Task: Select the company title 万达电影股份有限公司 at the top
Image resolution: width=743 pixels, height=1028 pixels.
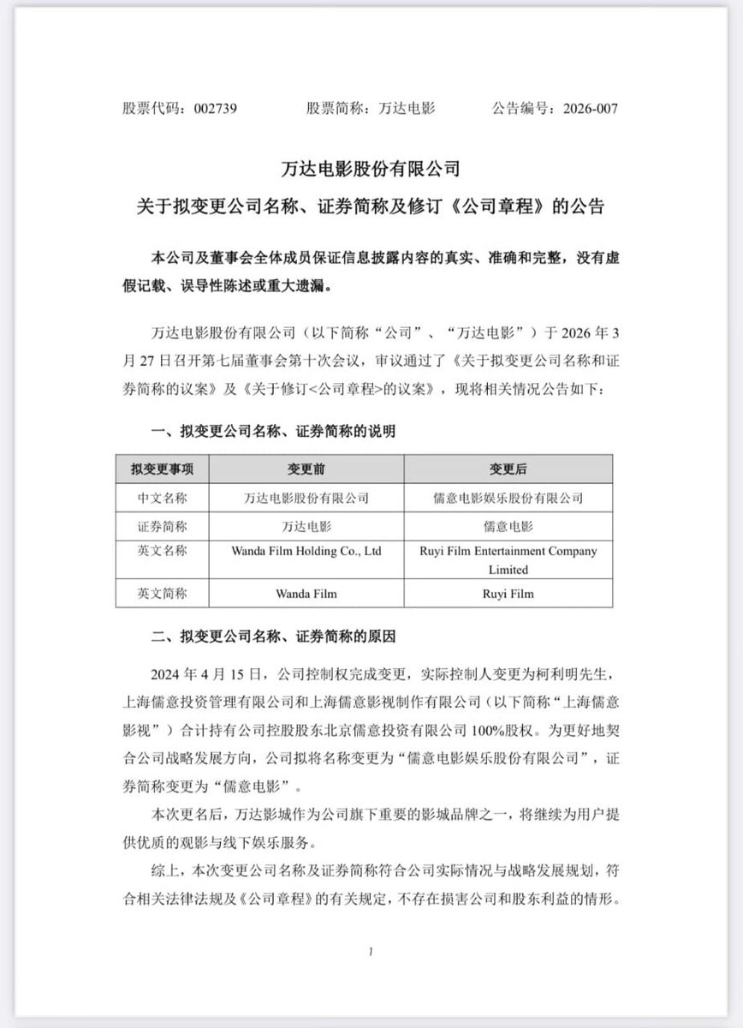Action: pyautogui.click(x=371, y=169)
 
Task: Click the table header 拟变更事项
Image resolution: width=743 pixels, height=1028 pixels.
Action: pyautogui.click(x=163, y=469)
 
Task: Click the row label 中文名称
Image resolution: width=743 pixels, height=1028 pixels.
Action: pyautogui.click(x=163, y=497)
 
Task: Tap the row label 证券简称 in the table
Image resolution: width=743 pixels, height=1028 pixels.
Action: pyautogui.click(x=163, y=524)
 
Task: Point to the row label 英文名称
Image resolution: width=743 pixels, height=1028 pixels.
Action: pyautogui.click(x=163, y=552)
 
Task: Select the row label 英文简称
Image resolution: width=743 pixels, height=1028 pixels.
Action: pyautogui.click(x=163, y=593)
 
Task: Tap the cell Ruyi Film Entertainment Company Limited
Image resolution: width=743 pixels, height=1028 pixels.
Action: pyautogui.click(x=508, y=560)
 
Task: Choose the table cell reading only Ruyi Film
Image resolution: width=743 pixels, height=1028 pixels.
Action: pyautogui.click(x=508, y=593)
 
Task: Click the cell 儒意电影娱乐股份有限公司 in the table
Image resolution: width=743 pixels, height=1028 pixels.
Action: pyautogui.click(x=508, y=497)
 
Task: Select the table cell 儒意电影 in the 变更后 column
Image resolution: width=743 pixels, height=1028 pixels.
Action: pyautogui.click(x=508, y=524)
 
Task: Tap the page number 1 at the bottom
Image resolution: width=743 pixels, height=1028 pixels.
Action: pyautogui.click(x=371, y=953)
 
